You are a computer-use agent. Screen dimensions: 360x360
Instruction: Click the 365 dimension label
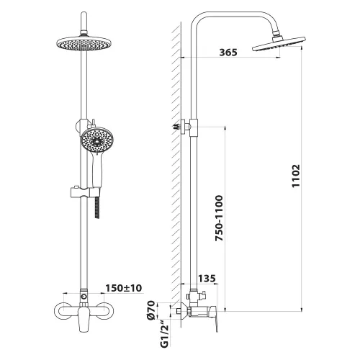click(228, 52)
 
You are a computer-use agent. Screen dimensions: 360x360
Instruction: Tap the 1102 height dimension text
click(296, 176)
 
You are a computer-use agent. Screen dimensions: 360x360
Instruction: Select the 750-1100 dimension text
click(219, 218)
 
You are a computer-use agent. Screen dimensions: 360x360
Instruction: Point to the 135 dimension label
click(207, 279)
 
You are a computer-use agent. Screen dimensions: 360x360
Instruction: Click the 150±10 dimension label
click(124, 288)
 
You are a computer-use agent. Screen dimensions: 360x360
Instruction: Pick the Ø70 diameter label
click(151, 310)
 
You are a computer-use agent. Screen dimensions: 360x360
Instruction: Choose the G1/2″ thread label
click(164, 334)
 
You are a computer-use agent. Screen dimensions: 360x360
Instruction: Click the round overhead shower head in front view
click(84, 43)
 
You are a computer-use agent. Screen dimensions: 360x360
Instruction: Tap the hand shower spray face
click(97, 140)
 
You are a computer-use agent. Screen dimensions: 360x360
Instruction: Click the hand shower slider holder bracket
click(85, 192)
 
